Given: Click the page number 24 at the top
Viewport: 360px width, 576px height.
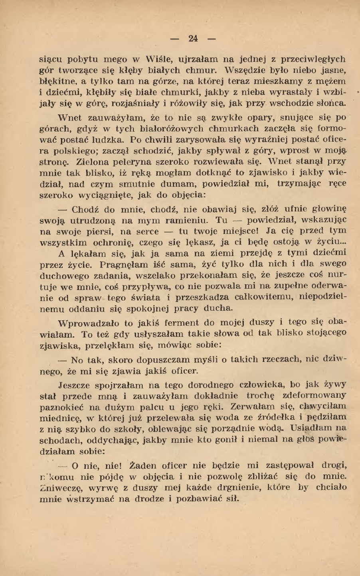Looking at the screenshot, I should click(193, 39).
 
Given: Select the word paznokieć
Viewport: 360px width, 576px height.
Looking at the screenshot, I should click(62, 407).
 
